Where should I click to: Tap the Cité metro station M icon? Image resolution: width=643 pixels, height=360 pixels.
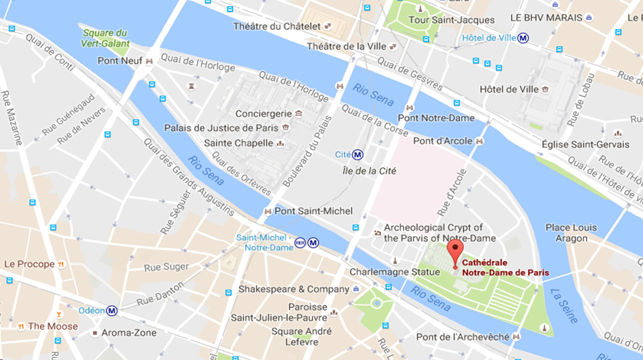pos(358,154)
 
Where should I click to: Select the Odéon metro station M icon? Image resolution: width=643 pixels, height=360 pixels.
pos(112,311)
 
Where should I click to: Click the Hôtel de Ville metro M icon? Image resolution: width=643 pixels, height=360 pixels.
pos(523,38)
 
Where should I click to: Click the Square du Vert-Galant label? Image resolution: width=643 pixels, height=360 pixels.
pos(105,38)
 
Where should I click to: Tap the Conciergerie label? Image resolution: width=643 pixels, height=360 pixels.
pos(264,114)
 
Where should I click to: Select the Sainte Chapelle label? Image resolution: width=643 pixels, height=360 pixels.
pos(239,143)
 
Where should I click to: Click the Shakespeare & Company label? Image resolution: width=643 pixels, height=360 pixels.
pos(294,289)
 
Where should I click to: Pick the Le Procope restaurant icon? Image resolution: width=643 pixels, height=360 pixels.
pos(61,264)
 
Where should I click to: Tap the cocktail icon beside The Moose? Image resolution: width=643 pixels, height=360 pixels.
pos(59,314)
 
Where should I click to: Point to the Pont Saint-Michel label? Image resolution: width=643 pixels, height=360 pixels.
pos(313,211)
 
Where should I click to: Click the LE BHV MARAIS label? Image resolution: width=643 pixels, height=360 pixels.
pos(546,18)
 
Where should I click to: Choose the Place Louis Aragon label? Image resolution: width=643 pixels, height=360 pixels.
pos(571,233)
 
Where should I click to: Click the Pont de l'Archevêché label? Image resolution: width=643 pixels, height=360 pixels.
pos(462,337)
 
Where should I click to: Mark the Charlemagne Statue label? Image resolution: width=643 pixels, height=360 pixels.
pos(395,272)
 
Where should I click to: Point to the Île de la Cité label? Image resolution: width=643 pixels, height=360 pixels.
pos(369,171)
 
